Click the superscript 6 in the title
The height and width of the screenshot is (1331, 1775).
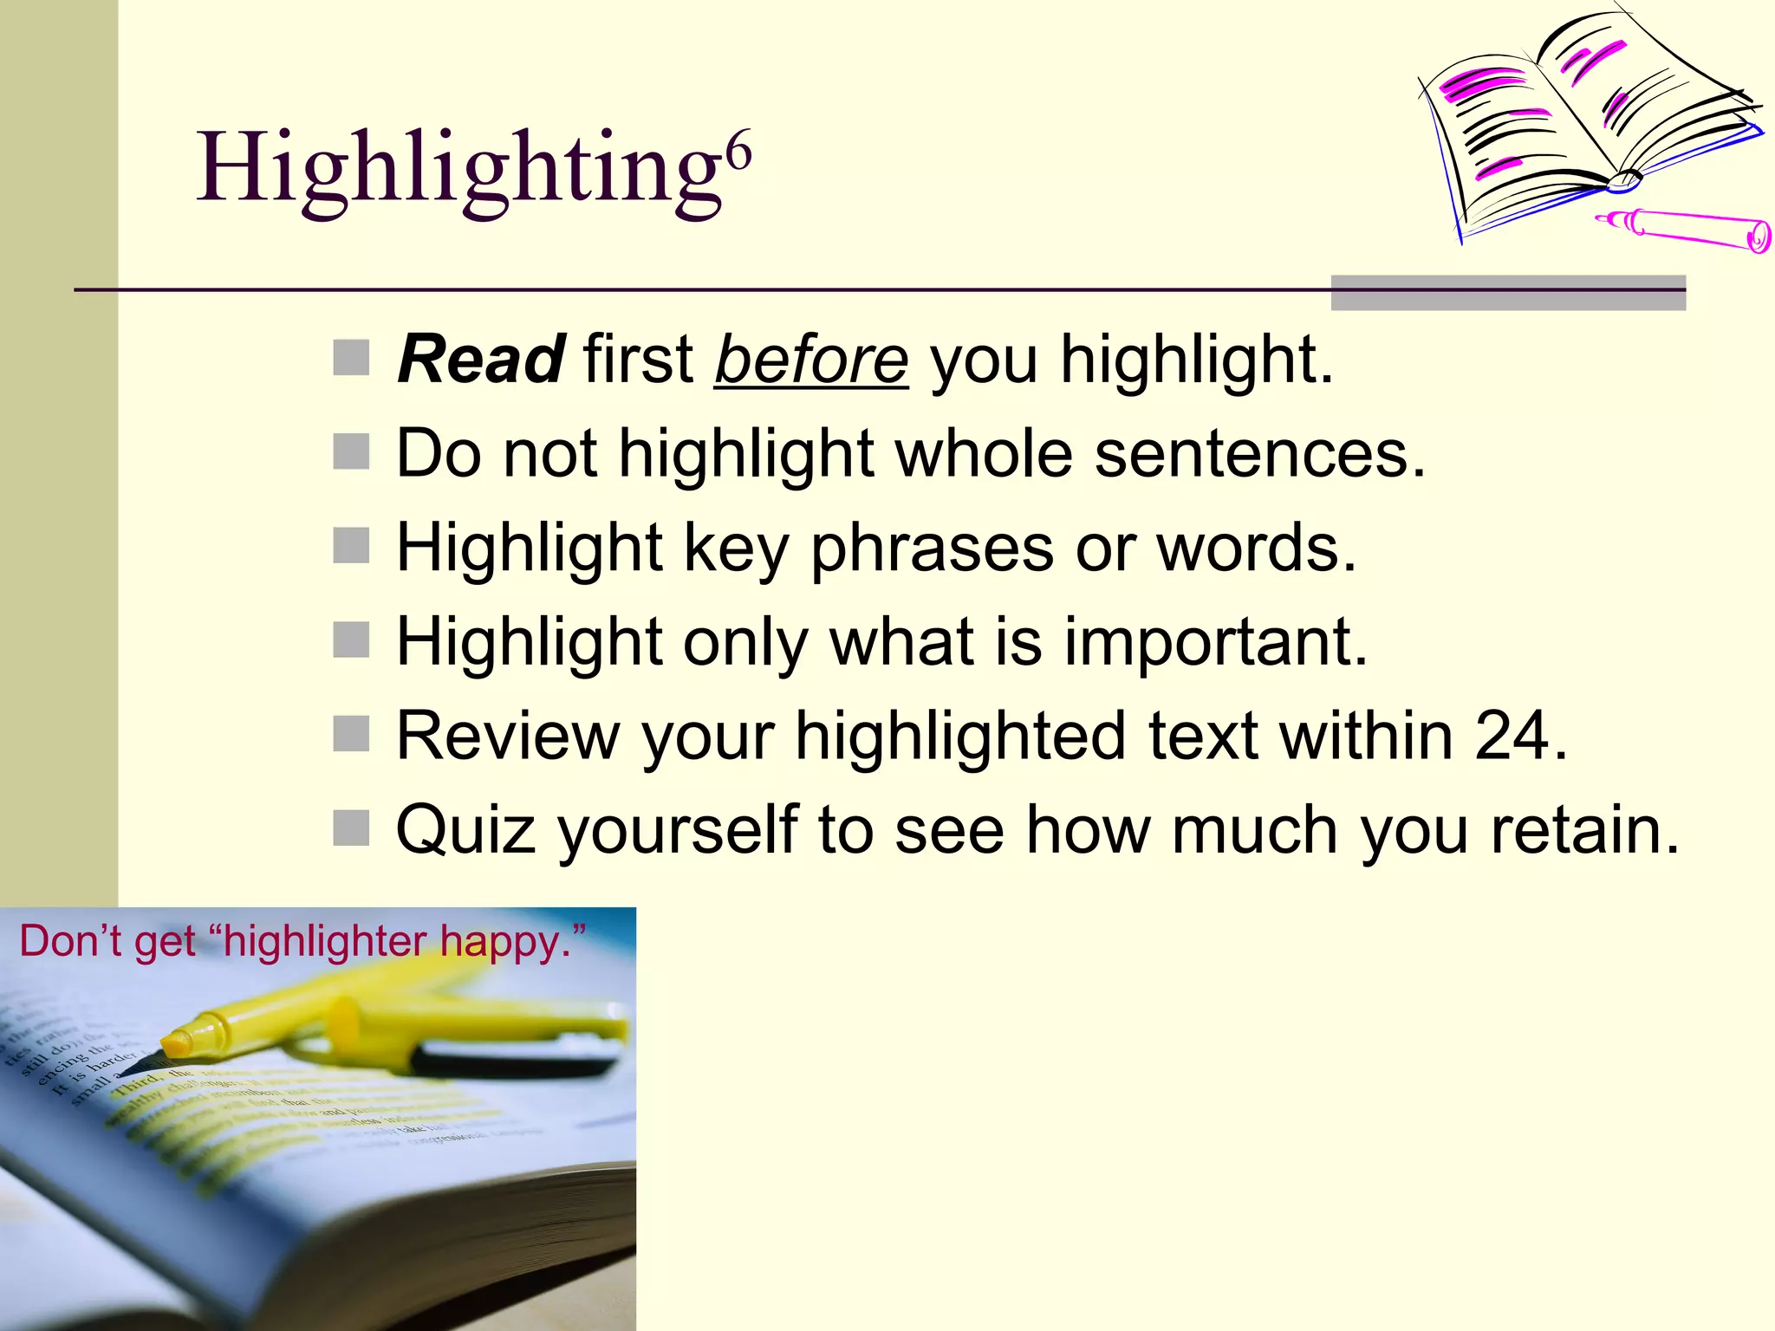(x=738, y=153)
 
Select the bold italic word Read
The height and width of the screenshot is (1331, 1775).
(x=482, y=359)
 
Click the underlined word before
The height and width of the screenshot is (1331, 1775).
(x=811, y=360)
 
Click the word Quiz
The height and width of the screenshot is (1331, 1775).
(x=465, y=830)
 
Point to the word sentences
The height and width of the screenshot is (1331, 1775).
(x=1258, y=453)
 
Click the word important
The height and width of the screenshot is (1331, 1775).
(x=1215, y=642)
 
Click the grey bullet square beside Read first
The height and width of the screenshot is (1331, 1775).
(x=352, y=358)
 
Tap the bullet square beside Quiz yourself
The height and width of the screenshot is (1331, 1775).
(x=352, y=828)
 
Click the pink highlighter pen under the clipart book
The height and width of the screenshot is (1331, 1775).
(x=1681, y=229)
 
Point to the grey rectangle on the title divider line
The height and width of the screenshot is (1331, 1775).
(x=1508, y=292)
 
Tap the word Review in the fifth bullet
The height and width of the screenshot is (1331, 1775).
(x=508, y=736)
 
